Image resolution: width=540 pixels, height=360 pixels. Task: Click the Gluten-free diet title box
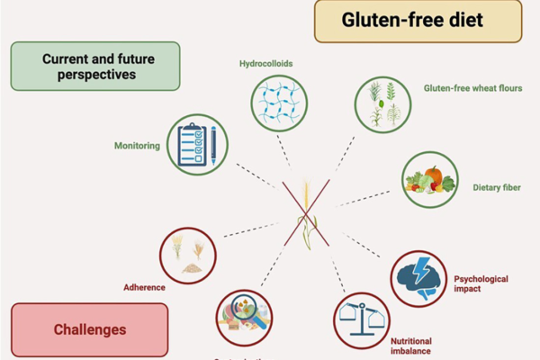[x=417, y=21]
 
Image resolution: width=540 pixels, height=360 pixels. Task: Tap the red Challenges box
[x=89, y=329]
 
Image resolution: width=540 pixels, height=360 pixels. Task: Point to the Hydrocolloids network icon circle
[x=278, y=104]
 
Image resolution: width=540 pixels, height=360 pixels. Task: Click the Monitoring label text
[x=137, y=145]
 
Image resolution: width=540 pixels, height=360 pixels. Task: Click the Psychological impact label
[x=481, y=284]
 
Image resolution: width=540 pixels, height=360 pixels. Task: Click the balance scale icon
[x=362, y=319]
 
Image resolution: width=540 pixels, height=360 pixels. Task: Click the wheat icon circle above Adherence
[x=187, y=255]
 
